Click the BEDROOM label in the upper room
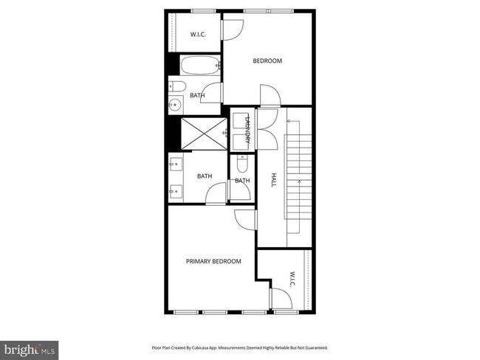coord(267,61)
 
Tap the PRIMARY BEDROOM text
coord(213,261)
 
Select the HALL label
coord(272,180)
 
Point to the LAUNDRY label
coord(248,130)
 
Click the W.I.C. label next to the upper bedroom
coord(198,34)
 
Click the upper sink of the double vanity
coord(176,165)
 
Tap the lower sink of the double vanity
coord(176,192)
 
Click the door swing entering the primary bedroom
coord(244,218)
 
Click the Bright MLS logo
coord(30,347)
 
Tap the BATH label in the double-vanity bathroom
coord(205,176)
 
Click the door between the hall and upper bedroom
coord(269,96)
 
